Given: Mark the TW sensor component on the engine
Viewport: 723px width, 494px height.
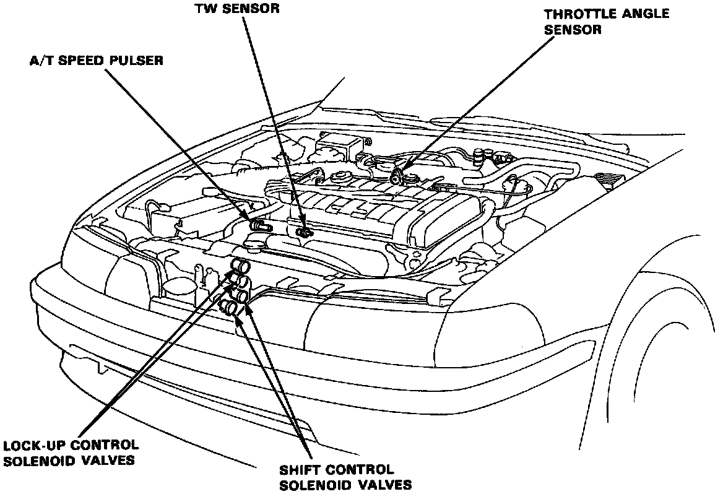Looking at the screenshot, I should [x=304, y=232].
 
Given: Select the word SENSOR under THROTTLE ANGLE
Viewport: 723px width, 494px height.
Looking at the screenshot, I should [x=564, y=29].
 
